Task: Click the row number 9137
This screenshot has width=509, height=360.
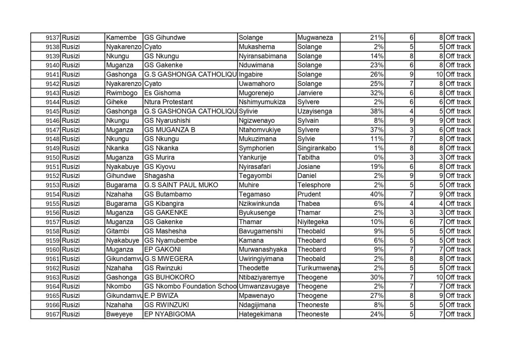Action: click(x=53, y=38)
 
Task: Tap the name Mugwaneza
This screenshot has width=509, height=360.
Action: click(x=315, y=38)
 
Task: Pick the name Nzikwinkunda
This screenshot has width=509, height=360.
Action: click(x=259, y=203)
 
